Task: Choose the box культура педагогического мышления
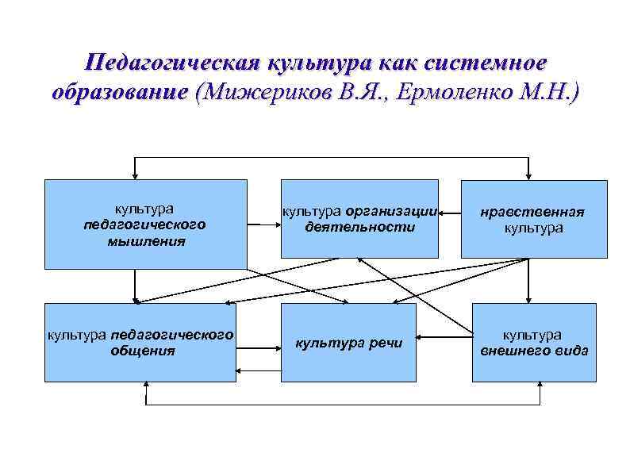(x=145, y=224)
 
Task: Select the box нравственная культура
(x=534, y=220)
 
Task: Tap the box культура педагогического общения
(x=140, y=342)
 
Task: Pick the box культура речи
(x=349, y=343)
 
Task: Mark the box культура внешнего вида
(x=534, y=342)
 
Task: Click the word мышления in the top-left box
(x=147, y=240)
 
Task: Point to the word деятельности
(x=359, y=227)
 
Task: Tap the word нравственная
(x=534, y=212)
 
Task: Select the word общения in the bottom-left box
(x=143, y=350)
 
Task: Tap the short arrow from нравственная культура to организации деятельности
(x=450, y=213)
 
